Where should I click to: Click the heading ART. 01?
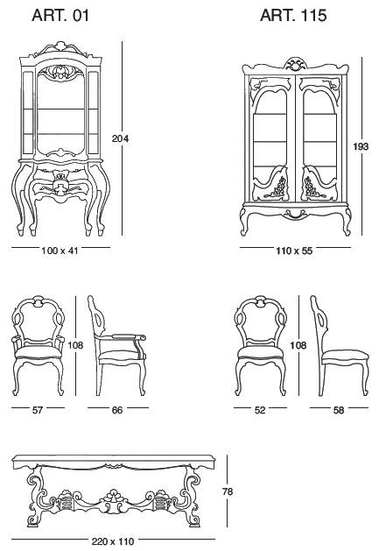tap(60, 16)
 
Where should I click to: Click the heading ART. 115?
tap(293, 16)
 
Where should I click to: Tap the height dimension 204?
tap(120, 138)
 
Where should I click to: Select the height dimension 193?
tap(361, 146)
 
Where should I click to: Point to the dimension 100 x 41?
tap(60, 251)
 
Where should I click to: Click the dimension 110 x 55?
tap(294, 251)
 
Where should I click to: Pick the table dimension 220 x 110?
tap(113, 541)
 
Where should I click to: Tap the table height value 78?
tap(228, 491)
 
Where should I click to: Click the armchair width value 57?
tap(38, 410)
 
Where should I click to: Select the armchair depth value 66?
tap(117, 410)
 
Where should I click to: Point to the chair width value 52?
tap(260, 410)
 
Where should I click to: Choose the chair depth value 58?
tap(338, 410)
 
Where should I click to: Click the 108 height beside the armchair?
tap(75, 345)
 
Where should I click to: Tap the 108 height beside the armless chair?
tap(298, 345)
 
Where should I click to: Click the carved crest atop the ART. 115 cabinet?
tap(295, 64)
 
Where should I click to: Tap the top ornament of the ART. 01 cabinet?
tap(61, 46)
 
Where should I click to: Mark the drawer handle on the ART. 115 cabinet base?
tap(294, 213)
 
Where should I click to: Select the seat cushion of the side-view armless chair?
tap(345, 357)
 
